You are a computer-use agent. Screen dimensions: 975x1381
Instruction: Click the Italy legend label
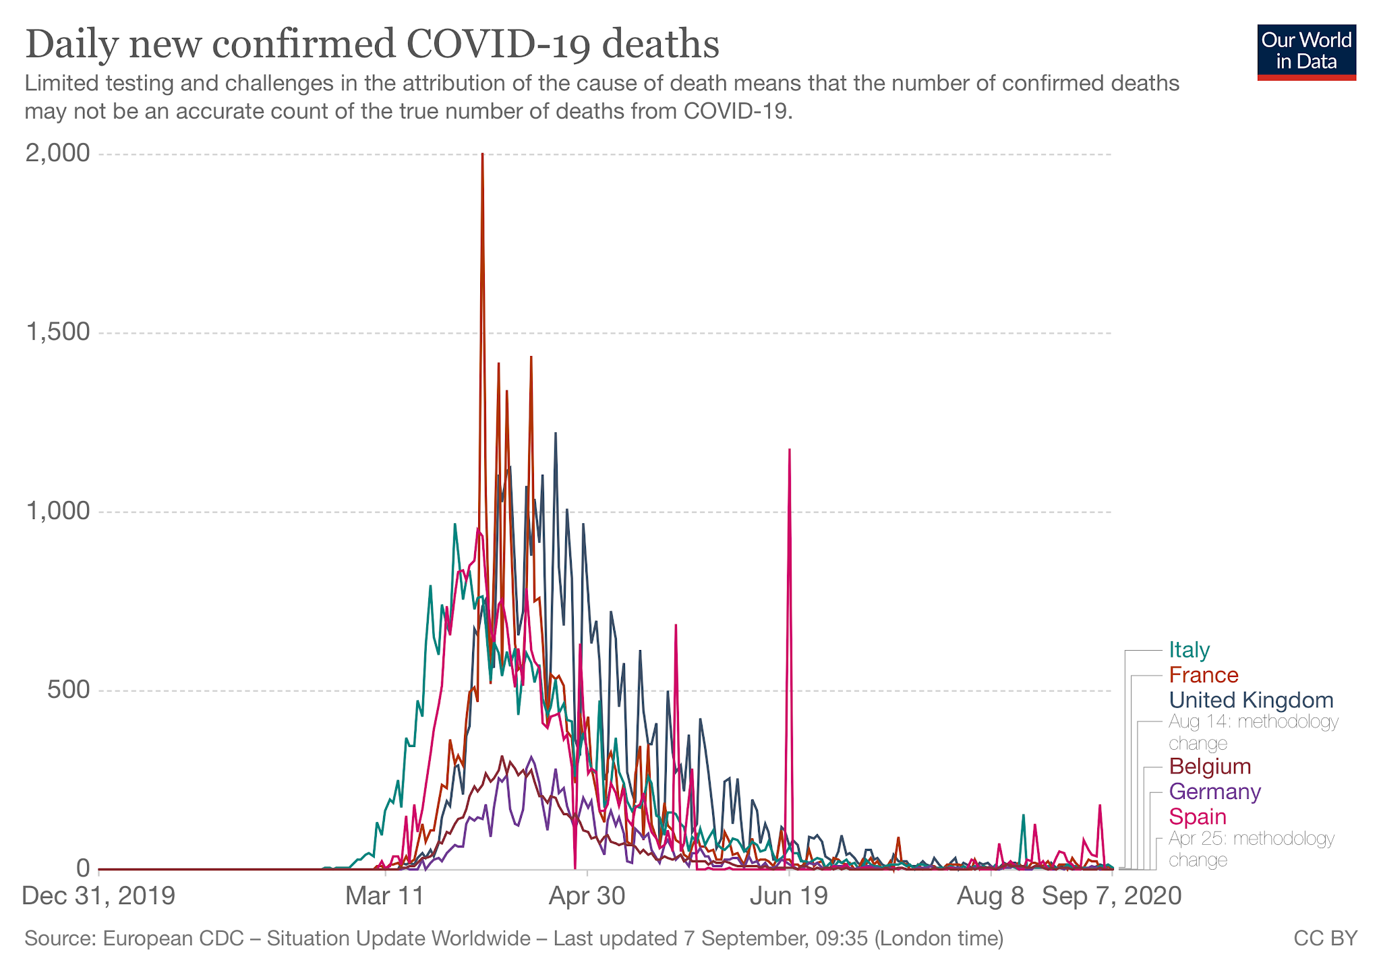(x=1189, y=650)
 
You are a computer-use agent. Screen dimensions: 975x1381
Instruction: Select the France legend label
(x=1204, y=675)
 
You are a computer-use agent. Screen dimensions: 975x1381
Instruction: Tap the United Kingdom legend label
(x=1251, y=700)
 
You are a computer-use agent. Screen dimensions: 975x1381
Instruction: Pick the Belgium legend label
(x=1210, y=767)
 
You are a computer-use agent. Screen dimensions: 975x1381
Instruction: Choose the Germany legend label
(x=1214, y=792)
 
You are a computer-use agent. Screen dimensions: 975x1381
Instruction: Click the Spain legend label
(x=1198, y=817)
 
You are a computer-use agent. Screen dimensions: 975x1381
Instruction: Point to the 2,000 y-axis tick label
(x=57, y=154)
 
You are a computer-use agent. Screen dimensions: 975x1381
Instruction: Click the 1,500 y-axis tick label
(x=57, y=332)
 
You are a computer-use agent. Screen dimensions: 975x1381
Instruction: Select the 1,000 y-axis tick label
(x=57, y=511)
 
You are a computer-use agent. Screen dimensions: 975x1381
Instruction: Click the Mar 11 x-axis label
(x=385, y=896)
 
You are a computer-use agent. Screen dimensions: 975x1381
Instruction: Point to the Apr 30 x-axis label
(x=587, y=896)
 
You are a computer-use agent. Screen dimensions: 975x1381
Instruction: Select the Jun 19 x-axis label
(x=789, y=896)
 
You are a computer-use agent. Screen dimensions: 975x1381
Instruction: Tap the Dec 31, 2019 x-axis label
(x=98, y=896)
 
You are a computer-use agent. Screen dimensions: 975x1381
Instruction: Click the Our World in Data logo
(x=1306, y=53)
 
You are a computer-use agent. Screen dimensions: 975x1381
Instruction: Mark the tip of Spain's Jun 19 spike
(x=789, y=450)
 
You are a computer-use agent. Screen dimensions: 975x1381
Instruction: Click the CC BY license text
(x=1325, y=939)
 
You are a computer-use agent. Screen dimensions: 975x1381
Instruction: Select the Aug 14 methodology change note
(x=1253, y=732)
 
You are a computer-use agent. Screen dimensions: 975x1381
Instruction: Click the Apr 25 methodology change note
(x=1251, y=849)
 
